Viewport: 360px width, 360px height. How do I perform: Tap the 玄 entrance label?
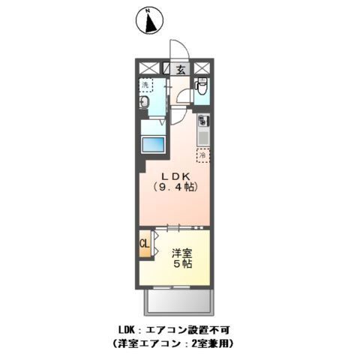(x=181, y=69)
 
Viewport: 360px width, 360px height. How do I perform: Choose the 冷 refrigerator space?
(x=202, y=156)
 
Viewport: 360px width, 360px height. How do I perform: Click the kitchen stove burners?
(x=202, y=120)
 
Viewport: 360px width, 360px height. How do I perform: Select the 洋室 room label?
(x=181, y=253)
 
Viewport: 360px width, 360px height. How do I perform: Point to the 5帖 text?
(x=181, y=265)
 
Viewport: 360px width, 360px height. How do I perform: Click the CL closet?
(x=142, y=244)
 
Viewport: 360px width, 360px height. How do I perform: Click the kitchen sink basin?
(x=202, y=136)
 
